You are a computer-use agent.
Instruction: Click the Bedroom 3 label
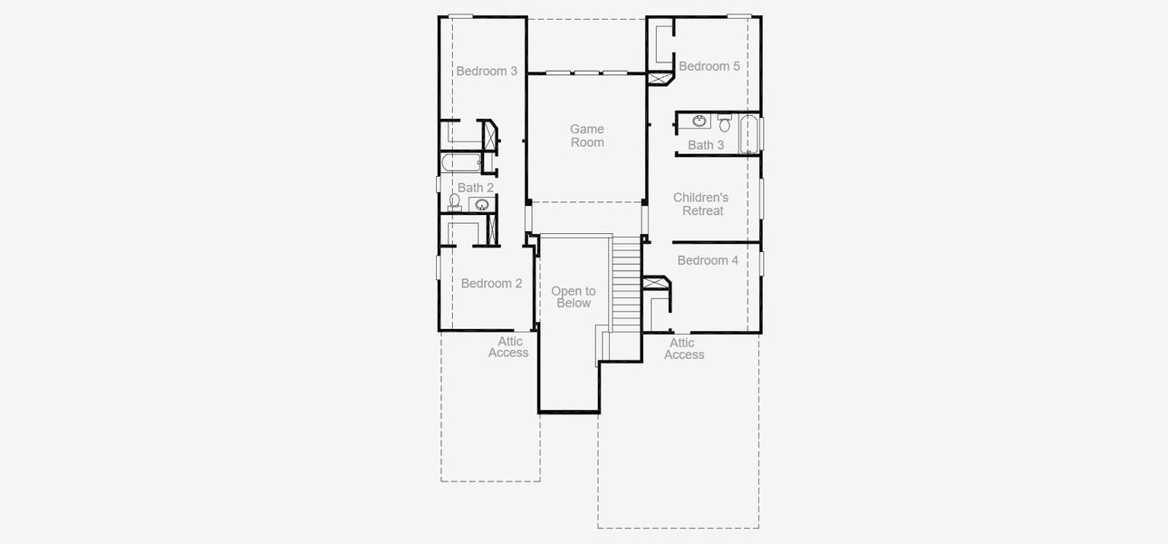[x=487, y=71]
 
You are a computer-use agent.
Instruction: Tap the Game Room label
[x=586, y=136]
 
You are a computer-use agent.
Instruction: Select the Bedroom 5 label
[x=709, y=66]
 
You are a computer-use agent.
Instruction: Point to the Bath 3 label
[x=705, y=145]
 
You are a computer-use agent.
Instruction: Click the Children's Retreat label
[x=701, y=204]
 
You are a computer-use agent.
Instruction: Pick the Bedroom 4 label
[x=708, y=260]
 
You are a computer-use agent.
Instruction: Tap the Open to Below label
[x=574, y=297]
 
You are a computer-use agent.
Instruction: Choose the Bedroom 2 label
[x=491, y=284]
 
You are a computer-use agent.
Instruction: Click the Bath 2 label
[x=476, y=188]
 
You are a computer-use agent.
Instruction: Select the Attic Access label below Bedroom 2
[x=509, y=347]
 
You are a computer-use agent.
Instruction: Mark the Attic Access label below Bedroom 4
[x=683, y=349]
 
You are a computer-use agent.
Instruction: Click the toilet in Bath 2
[x=455, y=201]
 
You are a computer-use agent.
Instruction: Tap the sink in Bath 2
[x=481, y=205]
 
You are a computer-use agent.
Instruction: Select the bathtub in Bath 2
[x=460, y=163]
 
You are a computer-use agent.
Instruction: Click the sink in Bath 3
[x=700, y=121]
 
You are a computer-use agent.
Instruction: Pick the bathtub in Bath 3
[x=749, y=134]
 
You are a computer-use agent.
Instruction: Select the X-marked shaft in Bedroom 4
[x=653, y=283]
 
